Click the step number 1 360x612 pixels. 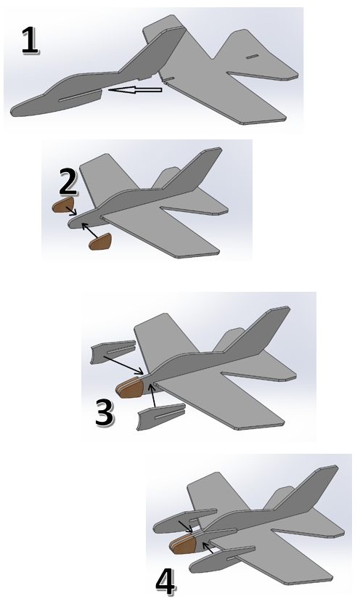(x=30, y=40)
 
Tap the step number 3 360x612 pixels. (x=104, y=412)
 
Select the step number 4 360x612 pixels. (x=165, y=582)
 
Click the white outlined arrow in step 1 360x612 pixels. (x=135, y=90)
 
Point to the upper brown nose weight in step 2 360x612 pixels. (x=63, y=205)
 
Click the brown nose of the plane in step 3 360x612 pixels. (x=130, y=387)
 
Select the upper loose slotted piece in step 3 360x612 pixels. (x=112, y=351)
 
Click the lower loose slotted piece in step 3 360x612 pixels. (x=160, y=417)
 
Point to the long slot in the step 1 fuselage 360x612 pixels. (x=78, y=95)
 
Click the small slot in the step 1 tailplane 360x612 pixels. (x=252, y=57)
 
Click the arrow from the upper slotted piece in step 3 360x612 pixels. (x=123, y=364)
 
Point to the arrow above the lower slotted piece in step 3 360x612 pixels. (x=153, y=396)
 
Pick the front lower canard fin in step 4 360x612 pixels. (x=222, y=558)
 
